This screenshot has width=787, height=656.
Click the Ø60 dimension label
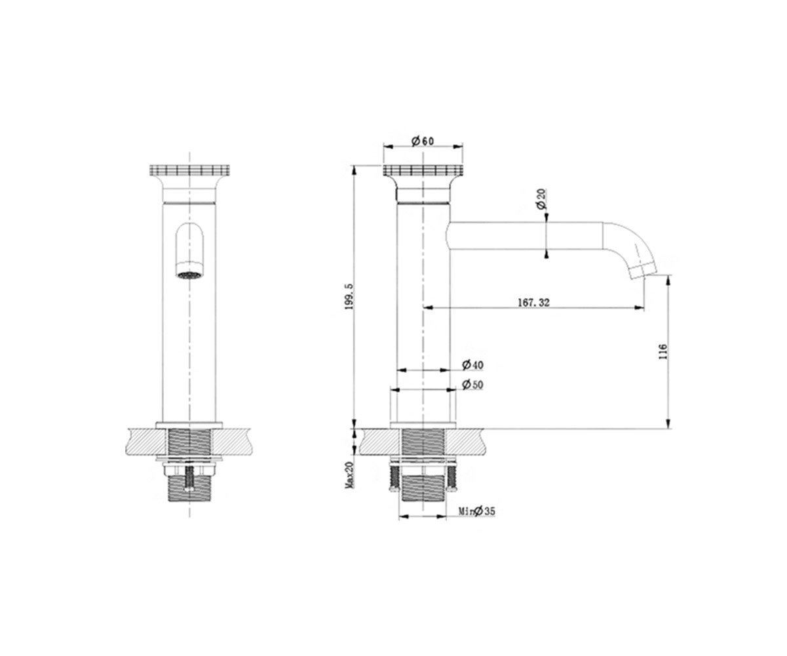pos(423,141)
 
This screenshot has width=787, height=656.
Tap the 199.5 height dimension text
pos(349,297)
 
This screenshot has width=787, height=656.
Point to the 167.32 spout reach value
pos(533,302)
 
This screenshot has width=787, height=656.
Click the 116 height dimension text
pos(662,351)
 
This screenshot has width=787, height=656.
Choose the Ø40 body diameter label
pos(472,364)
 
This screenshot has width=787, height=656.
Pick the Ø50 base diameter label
pos(472,385)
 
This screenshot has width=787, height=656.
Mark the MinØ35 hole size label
pos(477,511)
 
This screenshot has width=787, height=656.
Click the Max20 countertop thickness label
pos(349,475)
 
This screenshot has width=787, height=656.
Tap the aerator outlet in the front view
pos(189,276)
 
